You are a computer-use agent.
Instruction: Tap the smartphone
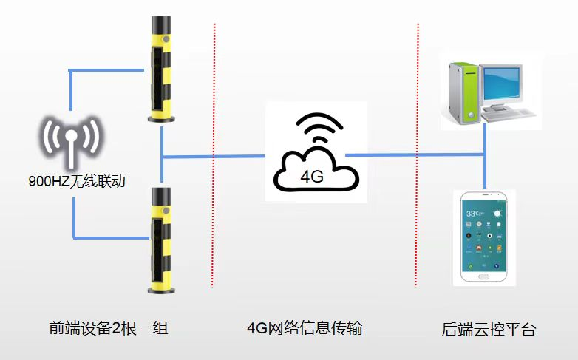[483, 237]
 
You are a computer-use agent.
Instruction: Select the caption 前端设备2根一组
[110, 328]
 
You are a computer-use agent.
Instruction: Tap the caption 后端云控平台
[488, 329]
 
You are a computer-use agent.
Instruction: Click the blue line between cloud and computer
[414, 155]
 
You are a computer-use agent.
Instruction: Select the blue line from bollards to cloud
[214, 156]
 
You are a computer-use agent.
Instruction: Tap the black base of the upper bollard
[161, 116]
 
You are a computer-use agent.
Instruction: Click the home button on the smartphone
[483, 276]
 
